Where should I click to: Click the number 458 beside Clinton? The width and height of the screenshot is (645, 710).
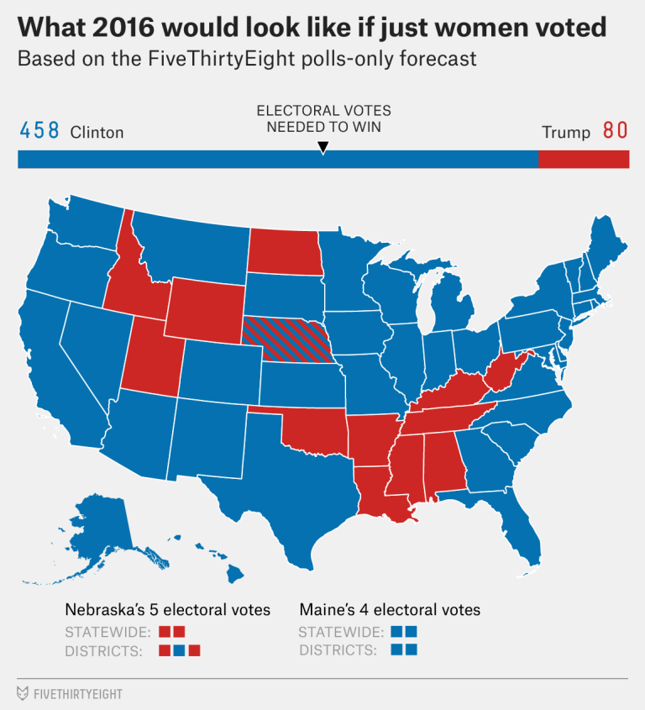point(39,131)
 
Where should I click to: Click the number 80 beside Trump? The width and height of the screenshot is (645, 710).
point(615,131)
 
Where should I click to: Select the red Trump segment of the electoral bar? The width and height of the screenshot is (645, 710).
point(583,159)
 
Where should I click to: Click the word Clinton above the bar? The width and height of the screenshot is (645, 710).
point(97,132)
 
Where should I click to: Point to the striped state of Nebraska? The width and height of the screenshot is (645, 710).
point(286,339)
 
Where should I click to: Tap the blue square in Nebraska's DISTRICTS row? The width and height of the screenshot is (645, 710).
point(179,650)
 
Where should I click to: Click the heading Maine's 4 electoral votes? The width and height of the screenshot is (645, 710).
point(390,609)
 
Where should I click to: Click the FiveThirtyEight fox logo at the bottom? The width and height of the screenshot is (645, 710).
point(23,693)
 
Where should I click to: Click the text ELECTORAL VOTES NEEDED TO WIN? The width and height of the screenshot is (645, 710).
point(323,118)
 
